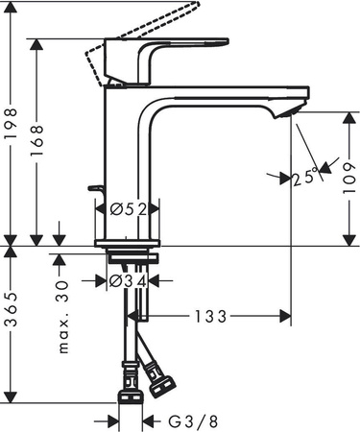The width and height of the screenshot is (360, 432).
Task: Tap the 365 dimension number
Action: (x=11, y=324)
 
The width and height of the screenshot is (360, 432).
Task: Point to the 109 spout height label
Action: (x=347, y=178)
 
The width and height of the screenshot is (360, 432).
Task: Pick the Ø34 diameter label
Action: (x=129, y=280)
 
